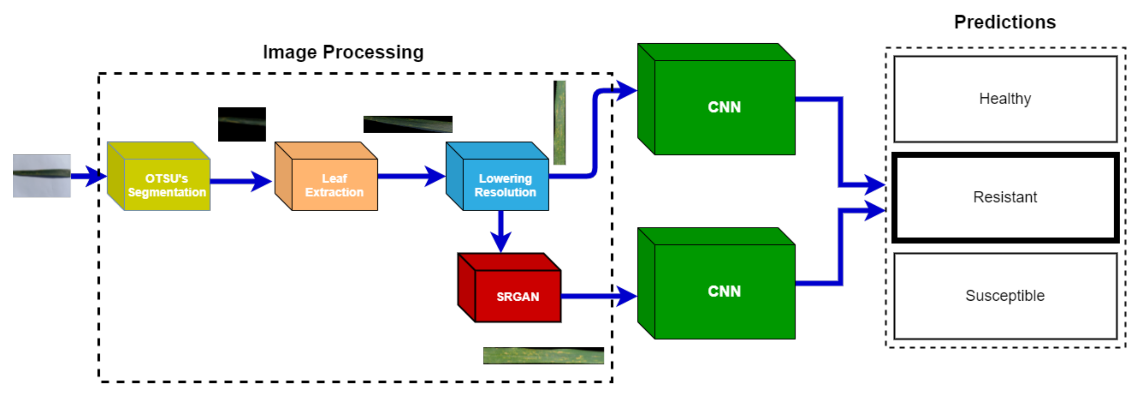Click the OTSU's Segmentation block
point(166,185)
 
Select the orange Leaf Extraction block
point(334,185)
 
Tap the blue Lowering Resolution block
point(505,185)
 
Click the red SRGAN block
point(517,296)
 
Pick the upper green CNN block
point(724,107)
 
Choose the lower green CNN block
point(724,291)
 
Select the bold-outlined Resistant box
point(1005,197)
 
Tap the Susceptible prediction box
point(1005,295)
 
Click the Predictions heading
point(1005,22)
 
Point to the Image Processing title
point(343,52)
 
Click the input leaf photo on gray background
point(42,175)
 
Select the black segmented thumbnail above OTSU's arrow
point(241,124)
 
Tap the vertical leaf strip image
point(559,122)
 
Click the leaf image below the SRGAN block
point(543,355)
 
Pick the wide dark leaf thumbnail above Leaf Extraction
point(407,124)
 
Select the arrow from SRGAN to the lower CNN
point(598,296)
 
